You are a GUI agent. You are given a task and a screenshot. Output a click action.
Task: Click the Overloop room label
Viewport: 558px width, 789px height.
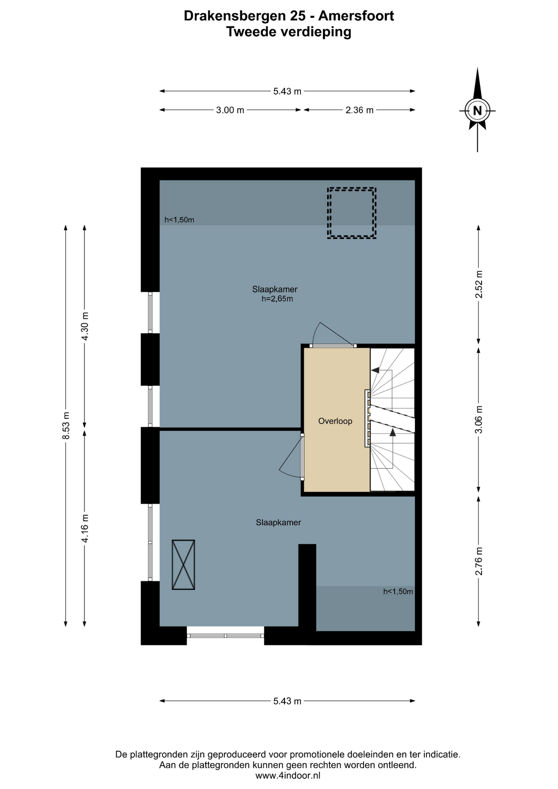click(x=335, y=421)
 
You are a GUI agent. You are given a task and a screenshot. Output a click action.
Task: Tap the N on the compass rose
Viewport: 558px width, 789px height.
click(x=477, y=111)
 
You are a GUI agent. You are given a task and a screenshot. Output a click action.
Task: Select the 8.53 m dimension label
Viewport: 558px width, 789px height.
click(x=66, y=425)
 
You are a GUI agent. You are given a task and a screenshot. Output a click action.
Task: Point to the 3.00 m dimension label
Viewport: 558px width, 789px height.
click(x=230, y=110)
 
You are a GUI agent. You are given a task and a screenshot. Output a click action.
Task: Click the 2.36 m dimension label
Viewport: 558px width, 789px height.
click(x=360, y=110)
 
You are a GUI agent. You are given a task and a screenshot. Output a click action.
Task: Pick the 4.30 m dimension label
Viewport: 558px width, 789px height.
click(x=85, y=326)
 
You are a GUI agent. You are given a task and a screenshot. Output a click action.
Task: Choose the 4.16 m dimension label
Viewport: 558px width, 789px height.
click(x=85, y=528)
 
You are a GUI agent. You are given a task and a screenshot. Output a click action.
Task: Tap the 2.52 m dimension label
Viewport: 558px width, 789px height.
click(x=479, y=285)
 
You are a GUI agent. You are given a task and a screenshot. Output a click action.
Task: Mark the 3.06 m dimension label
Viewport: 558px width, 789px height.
click(x=479, y=420)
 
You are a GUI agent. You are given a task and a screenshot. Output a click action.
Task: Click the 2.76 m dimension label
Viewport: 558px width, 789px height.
click(x=479, y=561)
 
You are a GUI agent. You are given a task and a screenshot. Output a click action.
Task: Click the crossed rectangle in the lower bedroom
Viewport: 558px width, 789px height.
click(x=183, y=565)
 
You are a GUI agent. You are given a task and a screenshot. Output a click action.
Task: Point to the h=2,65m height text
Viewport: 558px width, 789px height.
click(x=277, y=299)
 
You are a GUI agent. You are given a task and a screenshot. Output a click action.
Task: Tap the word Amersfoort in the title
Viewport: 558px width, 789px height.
click(x=356, y=16)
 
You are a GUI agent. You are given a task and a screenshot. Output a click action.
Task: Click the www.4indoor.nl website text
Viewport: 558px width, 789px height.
click(x=288, y=775)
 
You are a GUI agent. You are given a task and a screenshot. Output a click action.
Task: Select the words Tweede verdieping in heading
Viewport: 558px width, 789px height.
click(x=289, y=32)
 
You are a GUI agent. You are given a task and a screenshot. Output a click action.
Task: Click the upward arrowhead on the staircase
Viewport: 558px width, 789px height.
click(x=393, y=432)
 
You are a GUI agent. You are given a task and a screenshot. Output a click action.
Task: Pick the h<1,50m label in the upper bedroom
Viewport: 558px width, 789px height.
click(x=179, y=220)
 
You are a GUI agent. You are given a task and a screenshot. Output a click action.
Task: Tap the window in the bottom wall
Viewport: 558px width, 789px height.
click(x=225, y=635)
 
